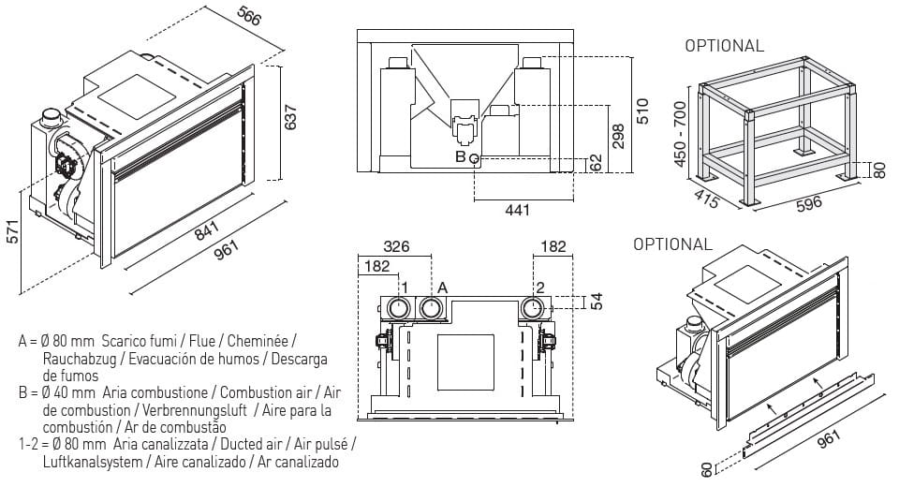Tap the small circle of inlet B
click(475, 159)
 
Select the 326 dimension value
click(397, 246)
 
